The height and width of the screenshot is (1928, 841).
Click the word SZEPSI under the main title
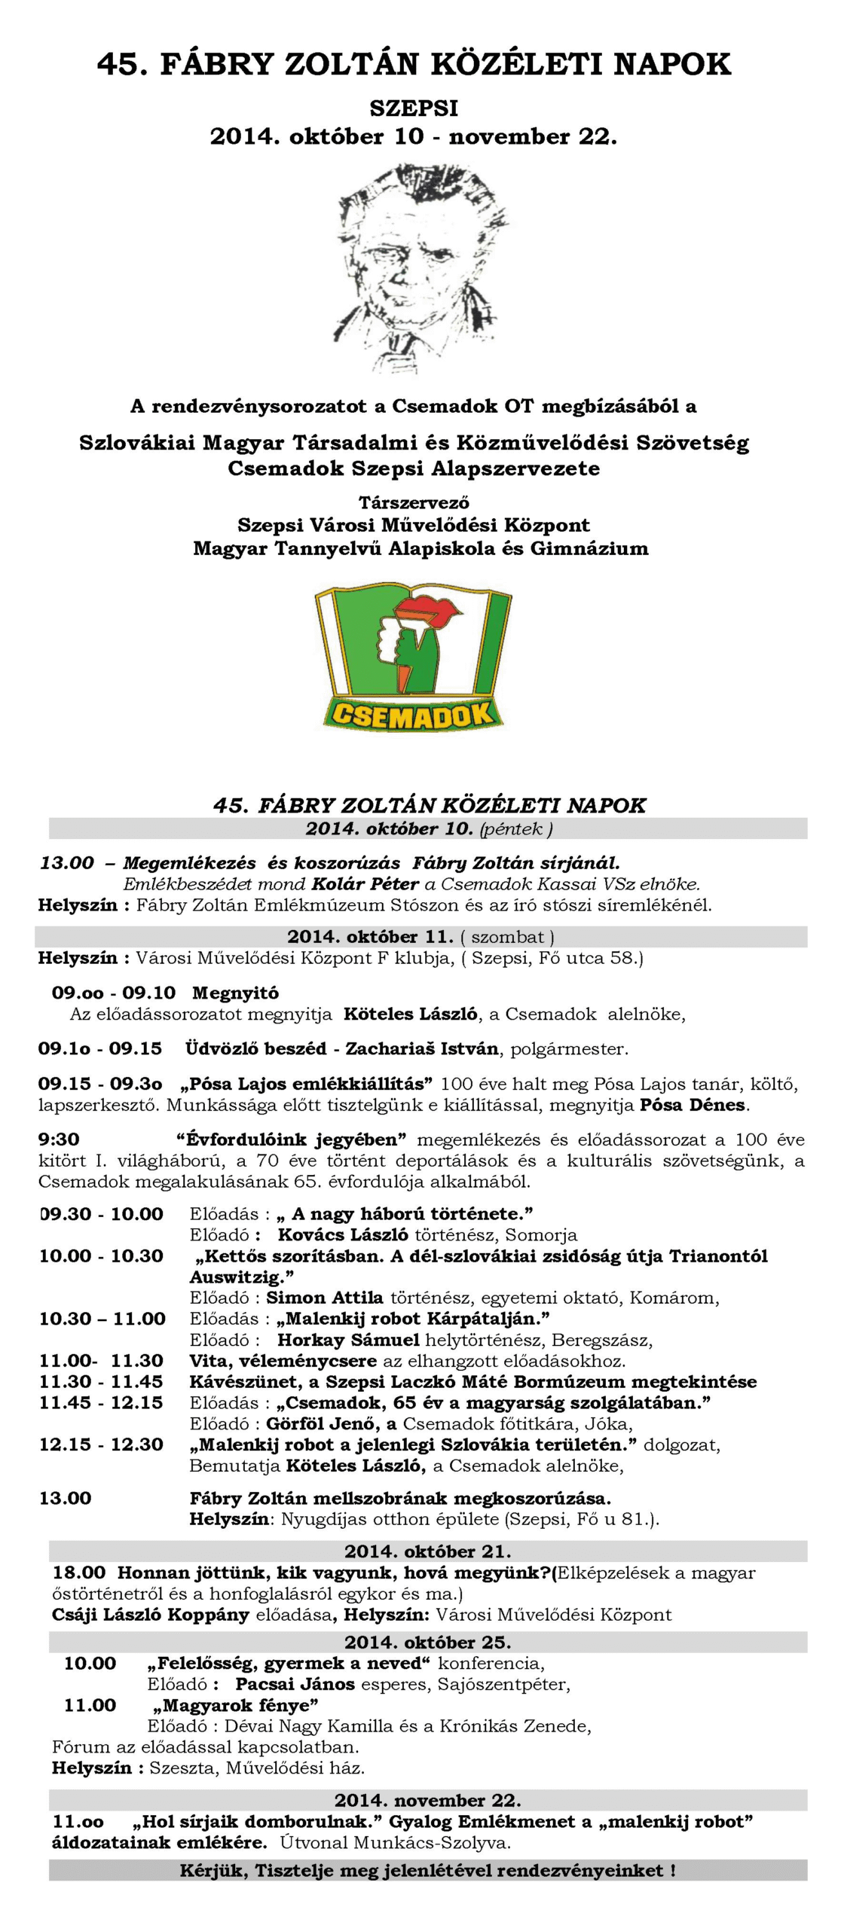point(413,108)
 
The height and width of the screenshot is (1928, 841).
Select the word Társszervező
point(414,502)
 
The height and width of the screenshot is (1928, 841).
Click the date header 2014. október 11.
point(370,937)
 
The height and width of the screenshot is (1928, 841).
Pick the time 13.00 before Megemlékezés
point(67,863)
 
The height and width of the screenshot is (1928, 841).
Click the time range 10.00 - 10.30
point(101,1255)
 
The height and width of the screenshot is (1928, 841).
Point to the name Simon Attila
point(325,1298)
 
